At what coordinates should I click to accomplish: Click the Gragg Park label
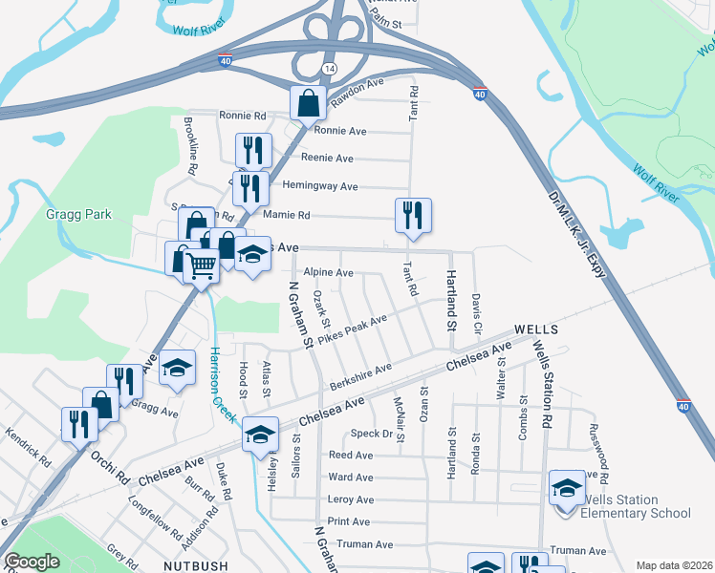(79, 215)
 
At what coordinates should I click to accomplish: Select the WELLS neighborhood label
(535, 329)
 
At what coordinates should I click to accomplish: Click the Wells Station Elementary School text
(636, 506)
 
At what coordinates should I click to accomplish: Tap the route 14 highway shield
(329, 70)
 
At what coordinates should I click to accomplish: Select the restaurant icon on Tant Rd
(413, 215)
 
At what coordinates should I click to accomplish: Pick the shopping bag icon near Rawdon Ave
(311, 102)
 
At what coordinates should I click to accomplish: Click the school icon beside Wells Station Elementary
(567, 487)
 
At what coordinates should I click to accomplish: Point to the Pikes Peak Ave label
(352, 327)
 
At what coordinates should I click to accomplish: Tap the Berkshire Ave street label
(360, 374)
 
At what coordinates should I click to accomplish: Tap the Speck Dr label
(374, 434)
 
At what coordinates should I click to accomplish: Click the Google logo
(32, 562)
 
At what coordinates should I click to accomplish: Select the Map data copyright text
(673, 565)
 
